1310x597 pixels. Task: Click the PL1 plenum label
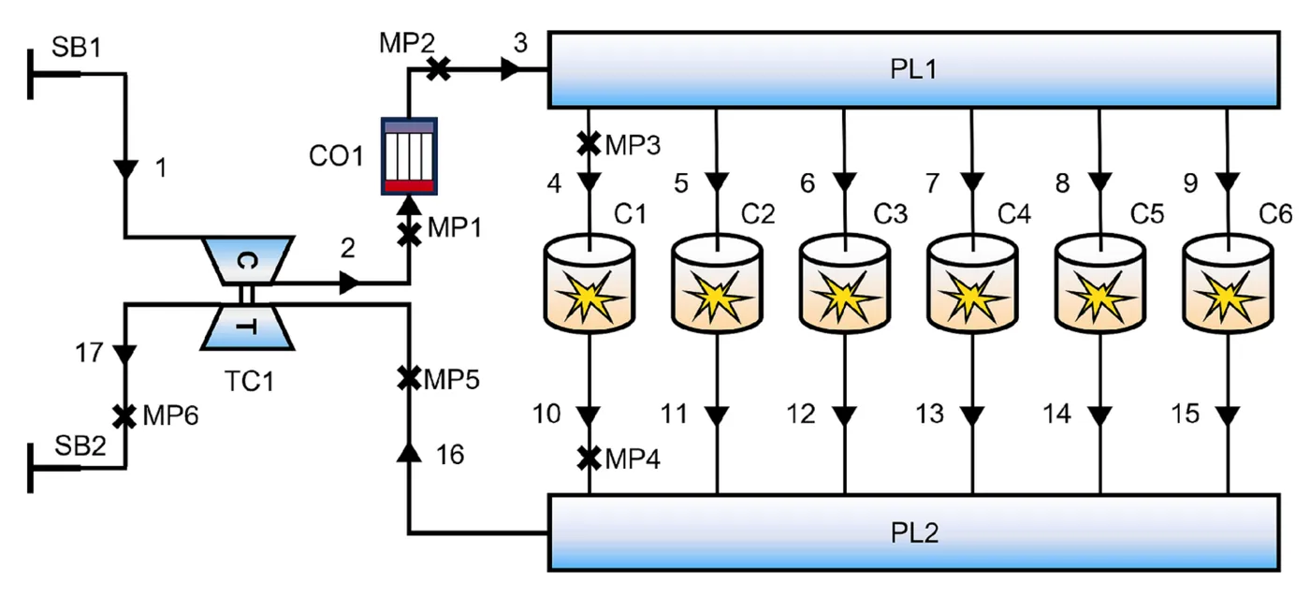coord(913,69)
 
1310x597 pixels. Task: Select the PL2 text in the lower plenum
coord(914,532)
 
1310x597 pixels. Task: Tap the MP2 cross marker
coord(439,69)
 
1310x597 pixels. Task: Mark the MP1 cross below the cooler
coord(410,235)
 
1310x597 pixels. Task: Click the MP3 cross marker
coord(589,144)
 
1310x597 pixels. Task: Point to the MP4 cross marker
coord(589,459)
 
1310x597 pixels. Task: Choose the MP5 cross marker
coord(409,378)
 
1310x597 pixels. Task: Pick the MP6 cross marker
coord(124,416)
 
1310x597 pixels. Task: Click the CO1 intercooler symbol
coord(410,156)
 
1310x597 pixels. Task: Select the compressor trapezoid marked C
coord(247,261)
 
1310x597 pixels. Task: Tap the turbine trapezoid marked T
coord(247,327)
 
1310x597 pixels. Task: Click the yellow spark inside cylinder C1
coord(589,298)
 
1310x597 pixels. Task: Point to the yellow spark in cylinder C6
coord(1228,298)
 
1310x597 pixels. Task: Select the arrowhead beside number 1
coord(125,169)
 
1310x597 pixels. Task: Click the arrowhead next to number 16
coord(409,452)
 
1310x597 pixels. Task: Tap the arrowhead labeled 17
coord(124,354)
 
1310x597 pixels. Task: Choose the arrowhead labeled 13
coord(972,415)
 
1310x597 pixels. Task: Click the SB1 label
coord(77,47)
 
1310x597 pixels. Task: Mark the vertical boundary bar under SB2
coord(30,468)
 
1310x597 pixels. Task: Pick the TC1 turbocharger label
coord(249,381)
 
